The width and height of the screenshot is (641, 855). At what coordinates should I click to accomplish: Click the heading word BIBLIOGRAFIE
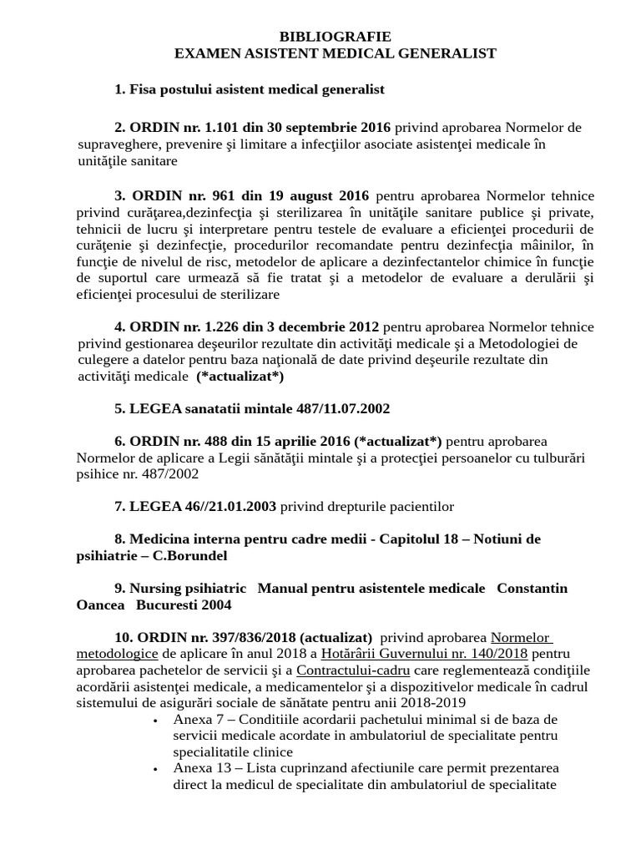pos(335,37)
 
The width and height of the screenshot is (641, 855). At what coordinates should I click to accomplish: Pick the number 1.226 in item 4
pos(225,326)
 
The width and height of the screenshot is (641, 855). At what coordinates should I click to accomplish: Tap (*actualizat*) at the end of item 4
pos(240,377)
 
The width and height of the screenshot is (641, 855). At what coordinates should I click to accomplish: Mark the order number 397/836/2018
pos(249,637)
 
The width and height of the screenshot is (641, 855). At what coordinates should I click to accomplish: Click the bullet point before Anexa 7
pos(156,720)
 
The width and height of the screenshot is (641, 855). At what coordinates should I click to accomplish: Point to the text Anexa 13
pos(203,768)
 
